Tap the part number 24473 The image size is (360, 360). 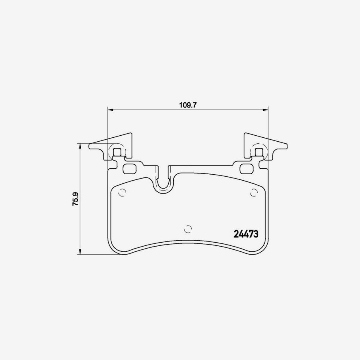246,234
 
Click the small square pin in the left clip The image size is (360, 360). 118,152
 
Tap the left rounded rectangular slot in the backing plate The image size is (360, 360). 130,169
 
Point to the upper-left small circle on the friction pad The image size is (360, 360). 122,193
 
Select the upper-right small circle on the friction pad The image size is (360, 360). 254,193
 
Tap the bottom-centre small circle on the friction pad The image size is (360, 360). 188,229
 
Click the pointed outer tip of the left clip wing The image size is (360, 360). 90,146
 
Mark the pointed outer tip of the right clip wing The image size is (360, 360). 287,146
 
